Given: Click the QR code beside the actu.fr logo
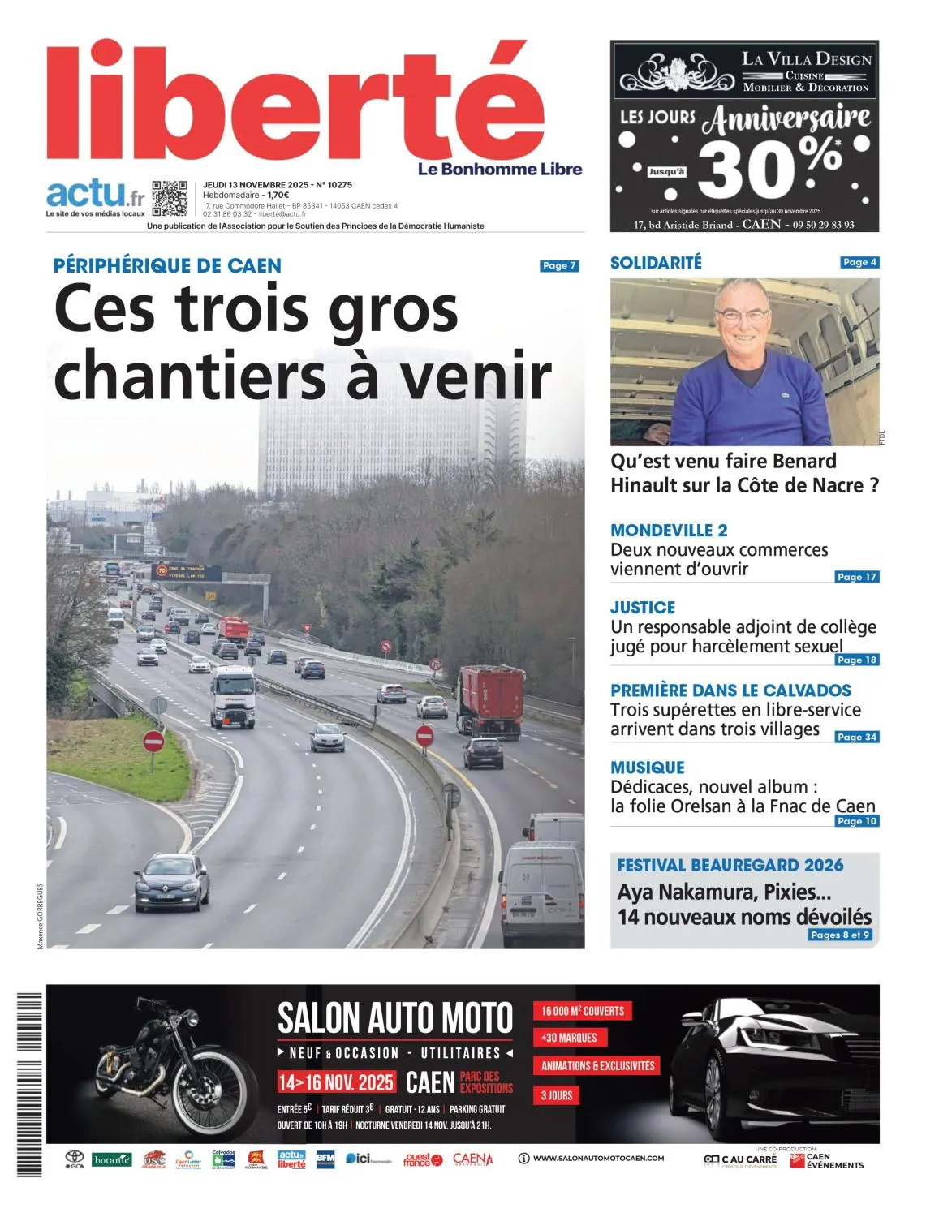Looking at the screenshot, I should coord(170,198).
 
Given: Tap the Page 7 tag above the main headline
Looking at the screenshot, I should coord(559,265).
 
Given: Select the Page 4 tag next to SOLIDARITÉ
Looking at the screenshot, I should coord(859,262).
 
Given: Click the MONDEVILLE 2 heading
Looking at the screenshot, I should coord(669,531).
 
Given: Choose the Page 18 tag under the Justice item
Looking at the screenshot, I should coord(856,660).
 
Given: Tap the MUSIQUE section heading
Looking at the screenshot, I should coord(648,768).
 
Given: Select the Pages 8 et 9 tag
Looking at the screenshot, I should coord(840,935).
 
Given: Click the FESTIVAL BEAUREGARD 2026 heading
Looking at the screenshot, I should coord(730,866).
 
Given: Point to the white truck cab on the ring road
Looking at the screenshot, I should coord(233,695).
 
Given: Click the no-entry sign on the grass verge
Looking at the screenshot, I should coord(153,741).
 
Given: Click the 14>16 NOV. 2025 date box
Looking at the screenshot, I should coord(336,1082).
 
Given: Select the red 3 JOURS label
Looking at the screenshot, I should coord(557,1095).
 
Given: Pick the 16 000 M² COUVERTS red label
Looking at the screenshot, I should coord(583,1011).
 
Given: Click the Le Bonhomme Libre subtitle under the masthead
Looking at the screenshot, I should coord(500,169).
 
